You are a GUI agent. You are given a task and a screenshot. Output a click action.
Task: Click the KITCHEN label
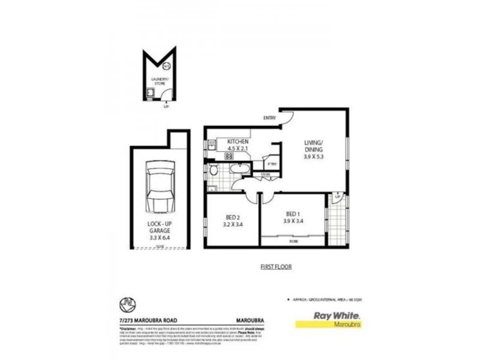click(x=238, y=142)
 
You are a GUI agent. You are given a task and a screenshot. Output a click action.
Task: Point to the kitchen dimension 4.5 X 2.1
click(x=238, y=149)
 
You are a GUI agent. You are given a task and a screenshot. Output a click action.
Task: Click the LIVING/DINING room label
click(x=314, y=146)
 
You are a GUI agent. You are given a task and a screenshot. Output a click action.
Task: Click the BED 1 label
click(x=292, y=214)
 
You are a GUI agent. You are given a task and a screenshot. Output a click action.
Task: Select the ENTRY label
click(x=269, y=118)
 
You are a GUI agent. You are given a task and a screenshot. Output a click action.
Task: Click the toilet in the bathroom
click(x=214, y=171)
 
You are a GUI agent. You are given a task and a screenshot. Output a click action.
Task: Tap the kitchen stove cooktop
click(x=229, y=156)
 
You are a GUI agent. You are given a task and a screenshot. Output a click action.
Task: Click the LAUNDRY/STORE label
click(x=160, y=80)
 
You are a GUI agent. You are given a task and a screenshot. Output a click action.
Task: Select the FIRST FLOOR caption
click(x=276, y=267)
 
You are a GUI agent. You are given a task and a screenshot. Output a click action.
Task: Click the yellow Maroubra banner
click(x=329, y=325)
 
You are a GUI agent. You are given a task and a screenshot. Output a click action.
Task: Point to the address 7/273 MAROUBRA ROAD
click(x=149, y=320)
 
